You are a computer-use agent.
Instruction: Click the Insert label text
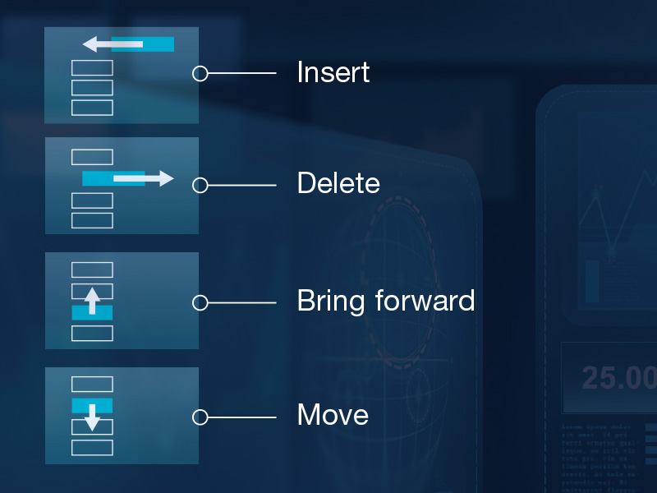click(333, 72)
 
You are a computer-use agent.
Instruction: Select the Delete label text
click(338, 182)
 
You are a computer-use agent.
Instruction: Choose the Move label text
click(333, 414)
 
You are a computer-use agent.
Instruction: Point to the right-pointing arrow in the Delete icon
click(145, 178)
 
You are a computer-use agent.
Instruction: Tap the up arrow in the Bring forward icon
click(92, 300)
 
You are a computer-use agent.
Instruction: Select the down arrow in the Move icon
click(92, 417)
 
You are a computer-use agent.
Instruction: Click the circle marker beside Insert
click(200, 74)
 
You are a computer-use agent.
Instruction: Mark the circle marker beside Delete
click(200, 186)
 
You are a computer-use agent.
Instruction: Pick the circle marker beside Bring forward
click(200, 303)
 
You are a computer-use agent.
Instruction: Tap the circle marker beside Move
click(200, 417)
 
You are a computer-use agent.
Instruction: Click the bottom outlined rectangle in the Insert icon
click(92, 108)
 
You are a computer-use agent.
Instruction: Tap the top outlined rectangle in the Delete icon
click(92, 157)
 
